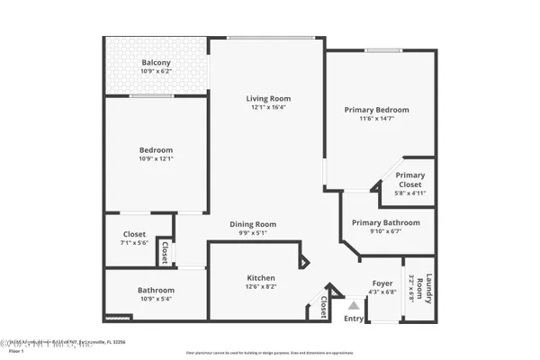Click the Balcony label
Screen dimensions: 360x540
[156, 63]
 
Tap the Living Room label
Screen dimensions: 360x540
[269, 98]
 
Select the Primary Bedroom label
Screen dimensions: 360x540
[371, 110]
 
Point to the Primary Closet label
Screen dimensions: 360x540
[410, 180]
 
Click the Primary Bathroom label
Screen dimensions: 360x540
[385, 222]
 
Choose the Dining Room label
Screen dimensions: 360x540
[253, 224]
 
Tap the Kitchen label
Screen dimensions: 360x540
[261, 278]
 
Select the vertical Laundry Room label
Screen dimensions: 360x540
[429, 290]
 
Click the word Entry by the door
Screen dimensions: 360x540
[354, 318]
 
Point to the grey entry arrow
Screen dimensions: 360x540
[354, 306]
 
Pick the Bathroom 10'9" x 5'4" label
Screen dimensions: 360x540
[156, 291]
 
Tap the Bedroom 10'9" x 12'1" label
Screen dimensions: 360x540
[156, 150]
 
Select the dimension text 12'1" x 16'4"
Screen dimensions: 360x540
[269, 107]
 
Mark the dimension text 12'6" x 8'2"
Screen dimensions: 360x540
[261, 287]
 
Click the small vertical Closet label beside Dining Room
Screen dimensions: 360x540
[166, 251]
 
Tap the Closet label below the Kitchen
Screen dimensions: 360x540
[322, 308]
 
